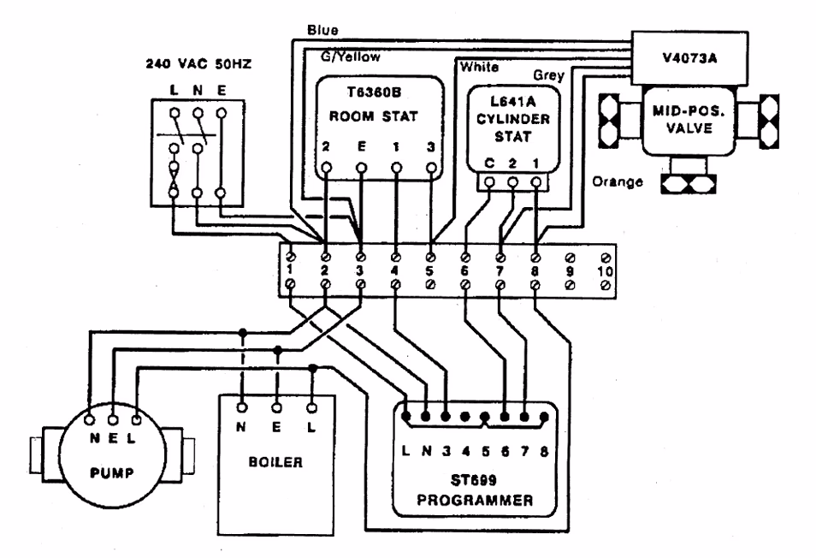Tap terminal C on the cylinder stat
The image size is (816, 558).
click(x=488, y=162)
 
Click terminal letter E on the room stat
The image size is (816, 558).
click(x=361, y=145)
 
